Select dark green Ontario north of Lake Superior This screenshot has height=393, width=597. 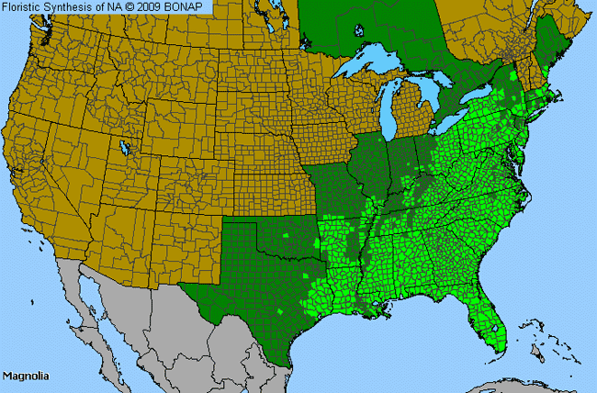click(x=367, y=28)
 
